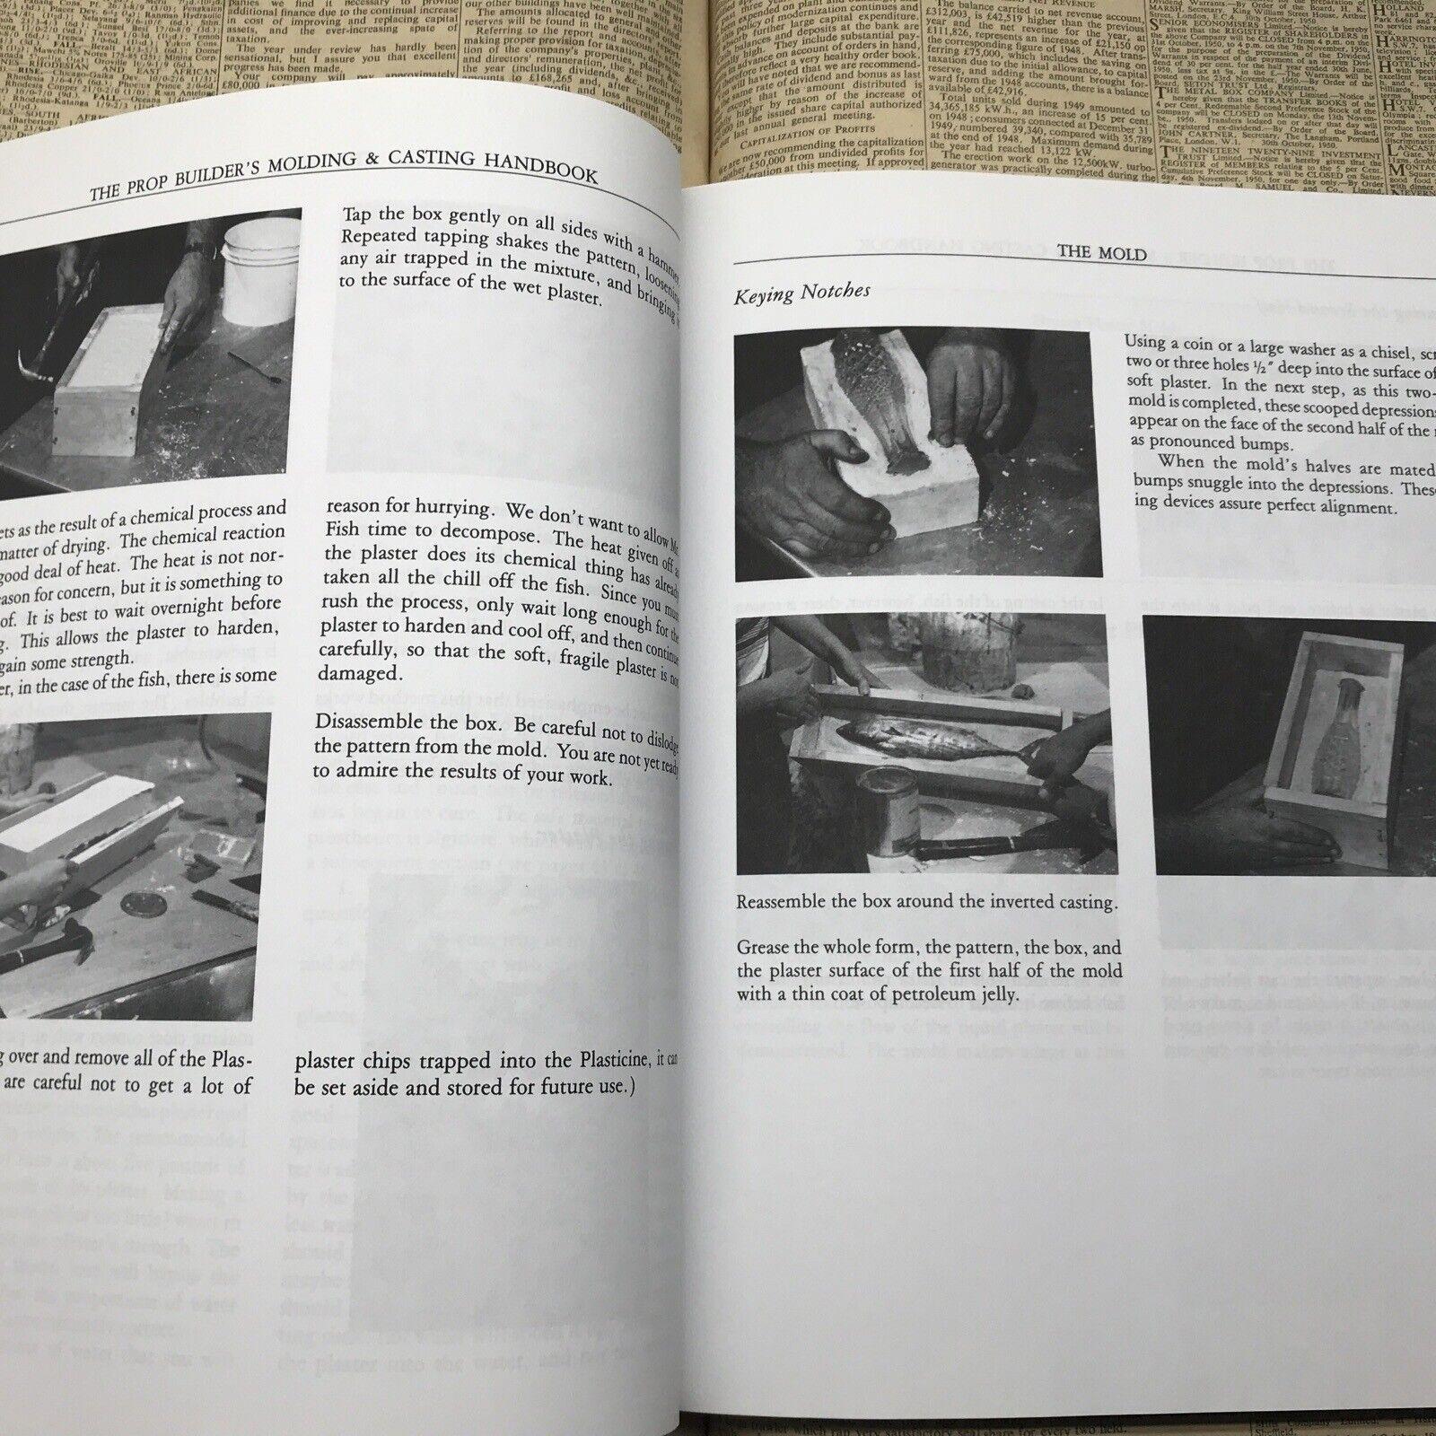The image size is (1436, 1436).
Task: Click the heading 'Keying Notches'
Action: tap(801, 294)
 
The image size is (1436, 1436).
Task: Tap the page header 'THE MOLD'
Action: tap(1101, 253)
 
